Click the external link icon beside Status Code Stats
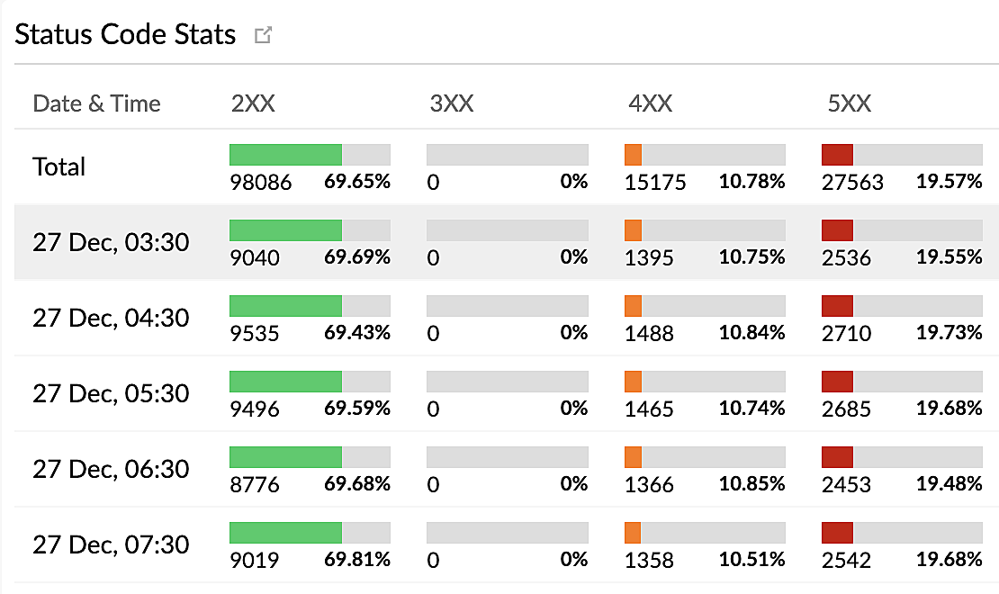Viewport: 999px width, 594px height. pos(263,36)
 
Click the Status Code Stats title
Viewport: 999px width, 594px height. pos(125,35)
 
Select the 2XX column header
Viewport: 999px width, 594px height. pos(253,103)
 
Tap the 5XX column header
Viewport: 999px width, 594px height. pos(849,103)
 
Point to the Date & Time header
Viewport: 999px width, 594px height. pos(96,103)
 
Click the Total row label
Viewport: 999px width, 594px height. pos(59,166)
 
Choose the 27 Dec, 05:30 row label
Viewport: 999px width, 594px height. pos(111,393)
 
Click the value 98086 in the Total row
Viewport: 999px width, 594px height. pos(261,183)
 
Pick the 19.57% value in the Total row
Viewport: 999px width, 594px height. pos(949,182)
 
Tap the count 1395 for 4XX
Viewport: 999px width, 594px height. pos(649,258)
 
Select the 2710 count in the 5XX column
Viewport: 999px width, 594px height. pos(846,334)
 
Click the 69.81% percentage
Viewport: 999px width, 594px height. pos(357,560)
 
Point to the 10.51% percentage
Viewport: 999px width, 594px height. pos(751,560)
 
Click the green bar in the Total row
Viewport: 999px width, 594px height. pos(285,155)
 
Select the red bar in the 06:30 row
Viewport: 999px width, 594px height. pos(837,457)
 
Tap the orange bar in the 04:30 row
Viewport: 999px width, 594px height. pos(633,306)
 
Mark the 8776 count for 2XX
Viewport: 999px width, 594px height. pos(255,485)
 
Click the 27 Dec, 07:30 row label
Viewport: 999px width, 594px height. pos(111,544)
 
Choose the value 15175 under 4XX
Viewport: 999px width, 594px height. pos(655,183)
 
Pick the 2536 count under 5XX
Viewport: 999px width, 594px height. pos(846,258)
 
